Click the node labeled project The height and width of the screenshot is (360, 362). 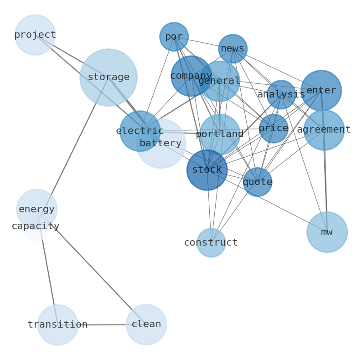35,35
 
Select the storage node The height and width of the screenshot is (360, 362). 108,77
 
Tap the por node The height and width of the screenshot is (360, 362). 174,36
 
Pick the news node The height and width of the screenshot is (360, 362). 233,48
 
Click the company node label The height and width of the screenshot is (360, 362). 191,76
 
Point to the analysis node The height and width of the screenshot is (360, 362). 281,94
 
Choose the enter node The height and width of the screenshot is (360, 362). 321,90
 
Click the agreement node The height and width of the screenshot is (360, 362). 324,130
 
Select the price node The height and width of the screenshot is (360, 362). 274,129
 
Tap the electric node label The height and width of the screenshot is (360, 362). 140,131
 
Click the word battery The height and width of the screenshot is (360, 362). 160,144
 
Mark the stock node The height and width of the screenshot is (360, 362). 207,170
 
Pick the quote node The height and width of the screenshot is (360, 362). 258,182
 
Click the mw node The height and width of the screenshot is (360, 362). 327,232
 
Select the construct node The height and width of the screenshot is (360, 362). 211,242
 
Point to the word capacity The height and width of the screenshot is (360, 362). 36,226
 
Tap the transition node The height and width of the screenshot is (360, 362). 57,325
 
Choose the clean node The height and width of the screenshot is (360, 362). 146,324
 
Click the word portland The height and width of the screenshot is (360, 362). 220,134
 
